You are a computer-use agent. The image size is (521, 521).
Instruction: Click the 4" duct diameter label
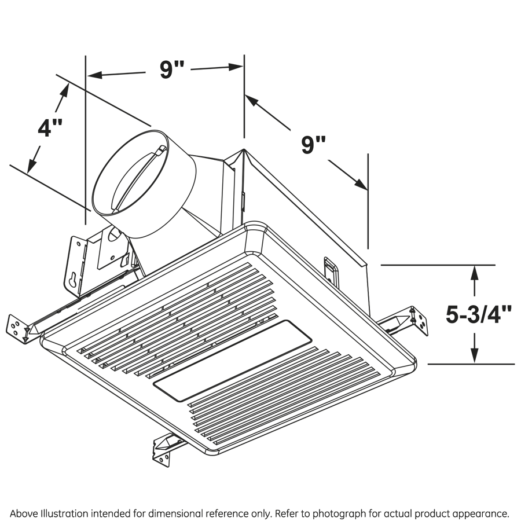(49, 126)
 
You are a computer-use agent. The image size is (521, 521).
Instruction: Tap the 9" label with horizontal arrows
(171, 69)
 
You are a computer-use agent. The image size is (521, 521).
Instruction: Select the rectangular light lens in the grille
(232, 361)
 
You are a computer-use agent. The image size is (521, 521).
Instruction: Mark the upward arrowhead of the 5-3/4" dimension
(475, 272)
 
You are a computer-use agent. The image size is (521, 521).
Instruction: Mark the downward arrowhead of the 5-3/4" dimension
(475, 357)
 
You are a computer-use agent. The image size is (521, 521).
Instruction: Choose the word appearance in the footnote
(484, 513)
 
